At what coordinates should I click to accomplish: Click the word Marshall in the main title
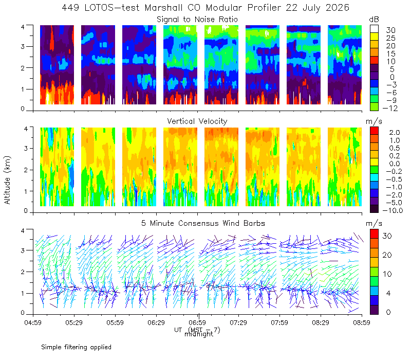coord(163,8)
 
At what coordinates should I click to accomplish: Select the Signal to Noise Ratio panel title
coord(197,20)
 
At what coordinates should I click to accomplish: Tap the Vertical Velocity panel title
coord(197,121)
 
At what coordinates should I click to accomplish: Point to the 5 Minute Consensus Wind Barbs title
coord(203,223)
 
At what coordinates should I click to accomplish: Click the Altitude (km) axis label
coord(7,180)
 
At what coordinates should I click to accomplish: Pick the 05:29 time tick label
coord(74,322)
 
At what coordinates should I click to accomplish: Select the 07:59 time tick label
coord(279,322)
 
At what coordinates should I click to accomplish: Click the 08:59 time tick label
coord(362,322)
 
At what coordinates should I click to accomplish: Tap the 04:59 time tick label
coord(33,322)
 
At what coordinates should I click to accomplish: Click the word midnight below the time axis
coord(199,334)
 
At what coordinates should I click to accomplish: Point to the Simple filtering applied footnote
coord(76,347)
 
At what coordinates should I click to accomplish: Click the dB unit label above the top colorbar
coord(374,20)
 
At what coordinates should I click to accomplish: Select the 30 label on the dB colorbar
coord(390,30)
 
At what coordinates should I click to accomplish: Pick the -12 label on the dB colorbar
coord(390,108)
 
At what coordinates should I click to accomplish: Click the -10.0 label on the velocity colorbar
coord(393,210)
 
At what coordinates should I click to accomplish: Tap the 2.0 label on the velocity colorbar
coord(395,133)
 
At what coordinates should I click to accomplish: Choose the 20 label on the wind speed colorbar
coord(387,255)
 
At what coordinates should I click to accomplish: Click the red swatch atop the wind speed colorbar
coord(374,234)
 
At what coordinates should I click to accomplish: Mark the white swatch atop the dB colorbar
coord(374,29)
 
